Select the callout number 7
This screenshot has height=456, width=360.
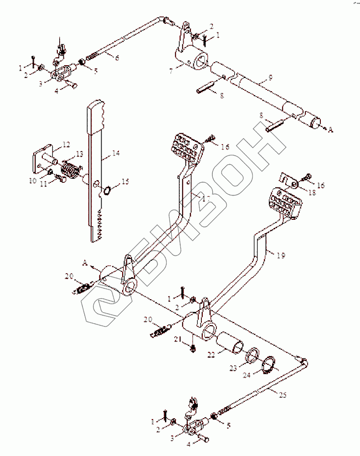(x=171, y=71)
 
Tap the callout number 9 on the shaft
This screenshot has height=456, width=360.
(x=270, y=78)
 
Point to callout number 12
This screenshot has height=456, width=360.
(x=67, y=145)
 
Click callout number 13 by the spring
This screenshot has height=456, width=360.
(x=79, y=154)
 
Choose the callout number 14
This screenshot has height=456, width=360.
(x=116, y=154)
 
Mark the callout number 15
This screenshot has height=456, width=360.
(x=125, y=181)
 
